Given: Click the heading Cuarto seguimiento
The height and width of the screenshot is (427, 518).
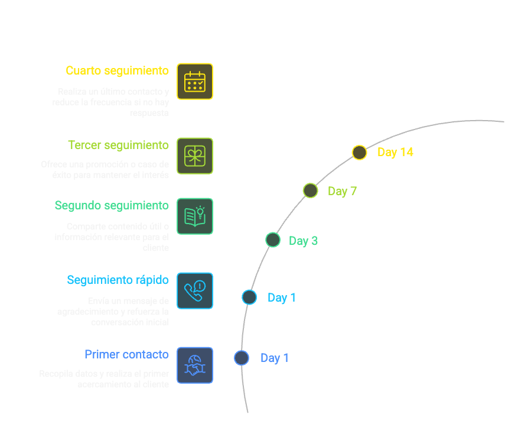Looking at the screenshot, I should coord(117,71).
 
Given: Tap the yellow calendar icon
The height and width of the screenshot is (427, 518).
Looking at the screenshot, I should coord(195,82).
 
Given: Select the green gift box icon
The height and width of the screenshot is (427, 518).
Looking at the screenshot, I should coord(195,156).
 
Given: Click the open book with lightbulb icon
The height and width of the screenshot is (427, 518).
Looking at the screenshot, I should coord(195,216).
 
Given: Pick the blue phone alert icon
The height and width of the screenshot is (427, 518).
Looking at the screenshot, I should coord(195,291).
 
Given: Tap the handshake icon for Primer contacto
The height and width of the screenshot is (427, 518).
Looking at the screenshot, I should coord(195,365).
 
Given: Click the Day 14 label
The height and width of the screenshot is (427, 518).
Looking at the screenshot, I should coord(395,153).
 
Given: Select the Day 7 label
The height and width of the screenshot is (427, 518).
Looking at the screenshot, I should coord(342,191).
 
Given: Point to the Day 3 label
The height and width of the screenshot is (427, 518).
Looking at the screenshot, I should coord(303,241).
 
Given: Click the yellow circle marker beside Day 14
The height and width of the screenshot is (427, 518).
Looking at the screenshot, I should coord(359,153).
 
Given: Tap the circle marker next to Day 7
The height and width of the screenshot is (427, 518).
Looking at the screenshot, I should coord(310,190).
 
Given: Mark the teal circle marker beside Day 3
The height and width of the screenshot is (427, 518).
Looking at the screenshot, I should coord(272,240).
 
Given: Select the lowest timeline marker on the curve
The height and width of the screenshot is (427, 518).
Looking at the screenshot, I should coord(241,358).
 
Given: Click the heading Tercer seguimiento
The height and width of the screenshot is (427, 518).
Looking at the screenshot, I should coord(118,145).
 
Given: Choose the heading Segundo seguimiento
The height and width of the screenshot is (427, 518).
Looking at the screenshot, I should coord(112,206).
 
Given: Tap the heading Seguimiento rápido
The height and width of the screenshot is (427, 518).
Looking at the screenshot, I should coord(118,280).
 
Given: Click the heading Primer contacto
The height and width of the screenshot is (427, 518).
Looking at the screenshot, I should coord(126,355).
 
